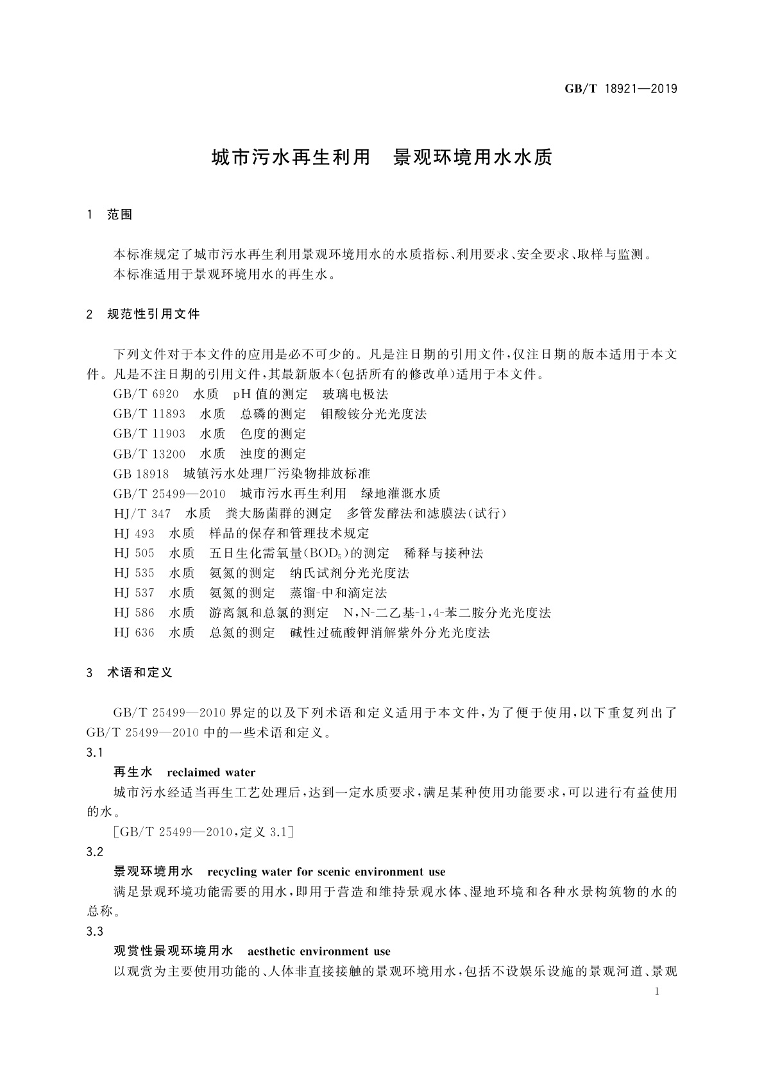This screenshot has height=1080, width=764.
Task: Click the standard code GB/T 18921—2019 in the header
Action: click(x=620, y=89)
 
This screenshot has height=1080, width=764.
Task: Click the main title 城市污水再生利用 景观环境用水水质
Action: click(x=382, y=158)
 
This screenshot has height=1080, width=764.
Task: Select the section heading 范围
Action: click(x=119, y=215)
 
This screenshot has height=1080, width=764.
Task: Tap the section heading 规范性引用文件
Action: click(x=153, y=314)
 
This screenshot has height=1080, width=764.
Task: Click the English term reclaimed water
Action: click(x=211, y=773)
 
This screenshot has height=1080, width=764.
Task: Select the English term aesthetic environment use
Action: click(x=319, y=952)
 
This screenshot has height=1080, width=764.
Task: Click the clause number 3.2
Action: click(x=94, y=852)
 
